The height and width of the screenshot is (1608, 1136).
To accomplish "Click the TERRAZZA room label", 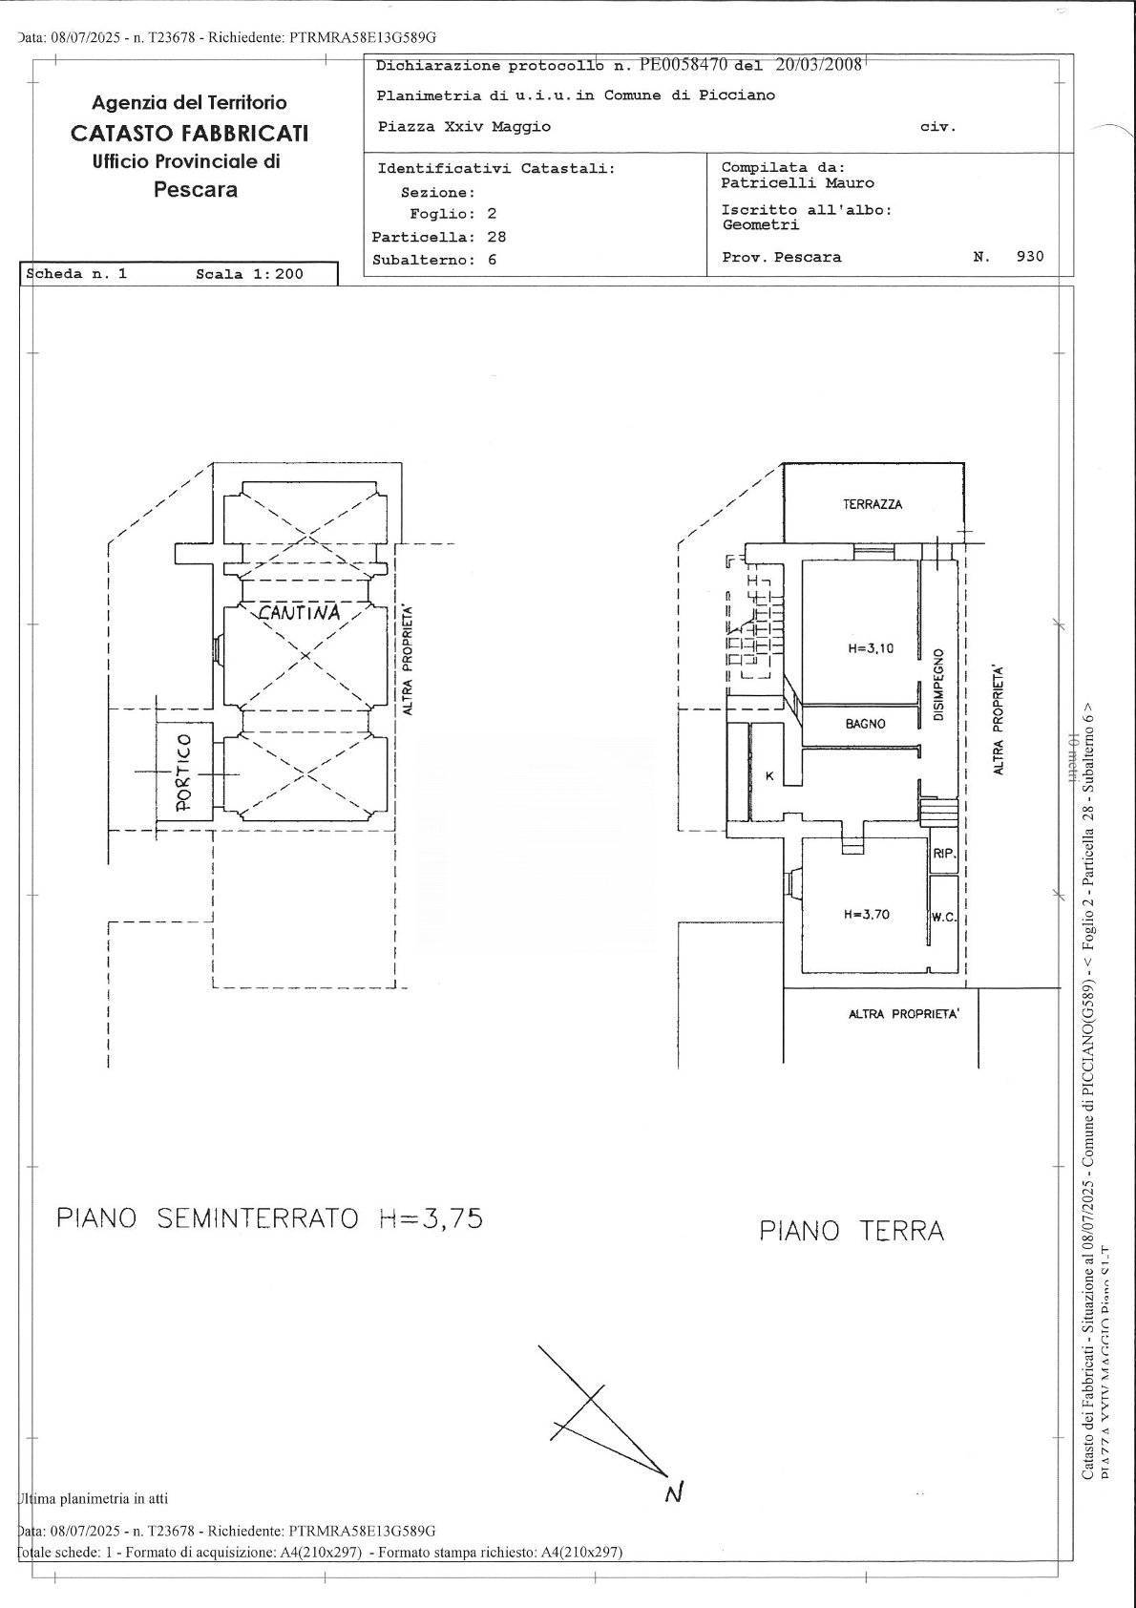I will coord(872,504).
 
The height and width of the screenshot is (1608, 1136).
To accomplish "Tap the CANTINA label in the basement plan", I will coord(299,613).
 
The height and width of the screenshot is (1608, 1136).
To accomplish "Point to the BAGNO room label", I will coord(865,724).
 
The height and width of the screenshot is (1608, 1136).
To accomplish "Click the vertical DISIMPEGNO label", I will coord(938,685).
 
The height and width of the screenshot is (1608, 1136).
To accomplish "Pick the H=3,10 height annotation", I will coord(870,648).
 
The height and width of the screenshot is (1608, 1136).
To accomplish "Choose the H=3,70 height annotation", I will coord(866,914).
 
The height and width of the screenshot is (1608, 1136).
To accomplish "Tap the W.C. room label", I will coord(943,918).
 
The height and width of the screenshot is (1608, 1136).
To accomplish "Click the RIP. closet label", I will coord(943,855).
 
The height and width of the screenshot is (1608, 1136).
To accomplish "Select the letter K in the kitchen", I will coord(768,776).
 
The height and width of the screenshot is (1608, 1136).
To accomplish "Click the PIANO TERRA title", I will coord(852,1231).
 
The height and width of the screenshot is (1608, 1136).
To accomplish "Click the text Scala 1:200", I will coord(249,274).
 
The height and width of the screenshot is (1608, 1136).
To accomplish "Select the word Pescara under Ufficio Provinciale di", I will coord(196,189).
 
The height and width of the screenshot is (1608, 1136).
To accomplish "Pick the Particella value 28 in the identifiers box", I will coord(495,237).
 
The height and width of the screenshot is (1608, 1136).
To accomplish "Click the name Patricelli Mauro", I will coord(797,183).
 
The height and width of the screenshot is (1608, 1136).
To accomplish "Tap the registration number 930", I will coord(1030,256).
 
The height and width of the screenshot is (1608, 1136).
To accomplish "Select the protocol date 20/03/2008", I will coord(818,65).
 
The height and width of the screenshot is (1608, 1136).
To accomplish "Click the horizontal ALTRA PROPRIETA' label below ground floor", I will coord(903,1014).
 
